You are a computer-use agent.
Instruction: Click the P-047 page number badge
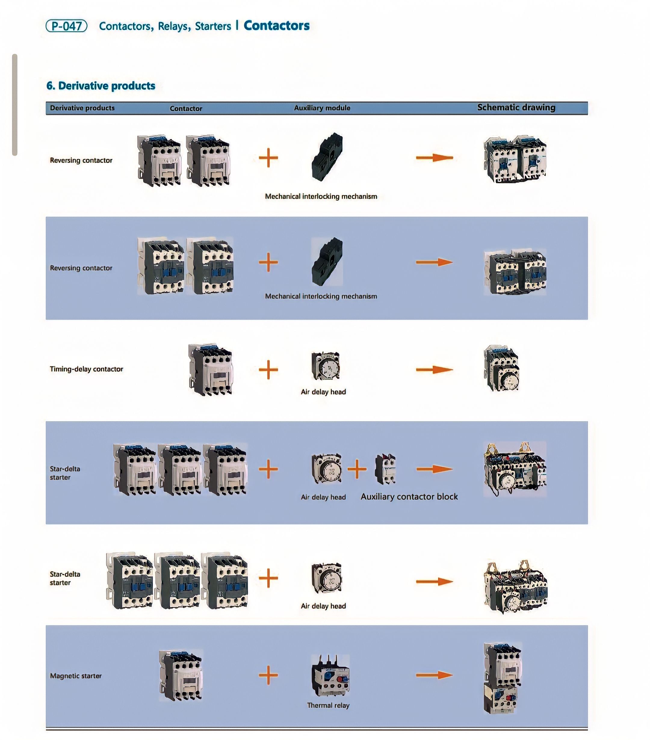(66, 26)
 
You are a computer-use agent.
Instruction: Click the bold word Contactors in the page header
(276, 26)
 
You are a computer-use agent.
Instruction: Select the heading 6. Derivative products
(101, 86)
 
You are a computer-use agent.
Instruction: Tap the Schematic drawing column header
(516, 107)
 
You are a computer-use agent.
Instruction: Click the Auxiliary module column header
(322, 108)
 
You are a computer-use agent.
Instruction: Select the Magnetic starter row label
(76, 676)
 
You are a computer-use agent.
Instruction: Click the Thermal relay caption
(328, 705)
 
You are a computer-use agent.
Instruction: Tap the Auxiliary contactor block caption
(409, 496)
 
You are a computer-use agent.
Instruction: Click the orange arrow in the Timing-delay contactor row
(434, 369)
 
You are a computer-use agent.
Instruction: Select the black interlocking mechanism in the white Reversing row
(327, 156)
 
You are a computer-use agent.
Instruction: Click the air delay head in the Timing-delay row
(326, 366)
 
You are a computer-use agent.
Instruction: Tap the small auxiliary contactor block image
(385, 469)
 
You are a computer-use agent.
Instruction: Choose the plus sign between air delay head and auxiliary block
(357, 469)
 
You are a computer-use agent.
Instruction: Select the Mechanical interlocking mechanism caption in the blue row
(321, 296)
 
